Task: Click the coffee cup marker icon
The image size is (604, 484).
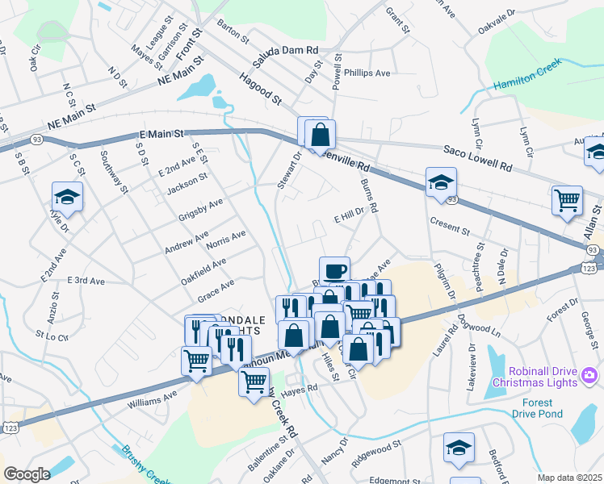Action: point(334,270)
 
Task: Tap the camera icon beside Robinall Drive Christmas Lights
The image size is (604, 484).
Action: point(589,375)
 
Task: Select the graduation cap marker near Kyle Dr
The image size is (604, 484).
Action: point(67,196)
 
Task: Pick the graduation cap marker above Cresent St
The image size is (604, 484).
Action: point(442,181)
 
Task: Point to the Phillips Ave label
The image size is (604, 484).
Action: point(367,73)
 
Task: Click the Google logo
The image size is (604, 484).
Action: point(27,474)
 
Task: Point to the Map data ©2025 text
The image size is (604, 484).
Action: point(569,478)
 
